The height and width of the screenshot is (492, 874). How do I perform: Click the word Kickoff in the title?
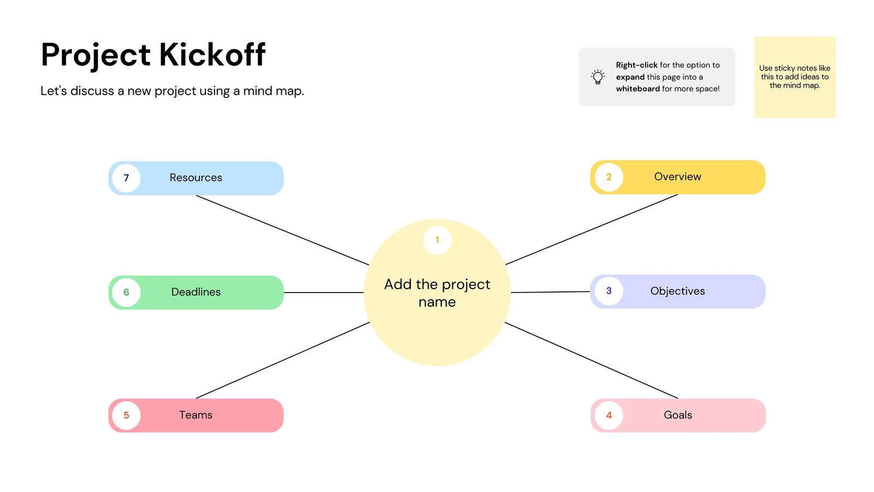[x=212, y=54]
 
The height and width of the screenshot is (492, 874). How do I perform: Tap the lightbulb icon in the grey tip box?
[x=598, y=77]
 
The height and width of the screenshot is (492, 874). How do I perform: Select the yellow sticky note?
[x=794, y=77]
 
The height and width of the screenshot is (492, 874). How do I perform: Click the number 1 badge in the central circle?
[x=437, y=240]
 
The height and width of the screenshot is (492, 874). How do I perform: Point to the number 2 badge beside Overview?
[x=609, y=177]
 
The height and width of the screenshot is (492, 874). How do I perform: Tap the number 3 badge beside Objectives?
[x=609, y=291]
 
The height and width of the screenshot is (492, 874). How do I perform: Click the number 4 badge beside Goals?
[x=609, y=415]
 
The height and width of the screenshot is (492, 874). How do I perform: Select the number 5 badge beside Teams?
[x=126, y=415]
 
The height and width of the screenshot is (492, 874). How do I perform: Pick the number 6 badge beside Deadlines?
[x=126, y=292]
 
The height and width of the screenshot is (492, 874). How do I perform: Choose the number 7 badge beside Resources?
[x=126, y=178]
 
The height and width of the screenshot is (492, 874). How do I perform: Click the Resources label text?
[x=196, y=178]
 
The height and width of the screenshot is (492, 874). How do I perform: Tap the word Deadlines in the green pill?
[x=196, y=292]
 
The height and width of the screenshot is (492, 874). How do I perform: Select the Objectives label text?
[x=677, y=291]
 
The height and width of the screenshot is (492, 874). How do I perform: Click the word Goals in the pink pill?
[x=678, y=415]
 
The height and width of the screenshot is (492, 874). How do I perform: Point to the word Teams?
[x=196, y=415]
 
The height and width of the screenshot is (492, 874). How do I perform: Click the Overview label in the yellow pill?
[x=677, y=177]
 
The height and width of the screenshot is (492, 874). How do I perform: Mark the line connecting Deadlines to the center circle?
[x=323, y=292]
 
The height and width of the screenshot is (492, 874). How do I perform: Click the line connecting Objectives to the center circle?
[x=550, y=292]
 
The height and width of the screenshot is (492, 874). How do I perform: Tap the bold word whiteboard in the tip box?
[x=638, y=89]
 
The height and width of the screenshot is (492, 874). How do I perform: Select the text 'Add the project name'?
[x=437, y=293]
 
